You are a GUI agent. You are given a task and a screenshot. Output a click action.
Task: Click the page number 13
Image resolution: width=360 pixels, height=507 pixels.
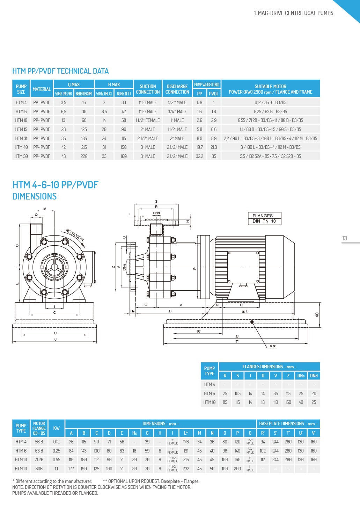[x=345, y=238]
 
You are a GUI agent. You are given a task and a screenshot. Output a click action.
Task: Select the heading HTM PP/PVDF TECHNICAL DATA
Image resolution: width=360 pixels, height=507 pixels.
[x=60, y=71]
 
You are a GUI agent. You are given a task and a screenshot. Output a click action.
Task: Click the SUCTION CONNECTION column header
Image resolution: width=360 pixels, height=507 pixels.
[x=148, y=89]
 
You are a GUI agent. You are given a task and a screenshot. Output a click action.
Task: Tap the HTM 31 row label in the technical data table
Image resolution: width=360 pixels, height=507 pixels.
[x=21, y=138]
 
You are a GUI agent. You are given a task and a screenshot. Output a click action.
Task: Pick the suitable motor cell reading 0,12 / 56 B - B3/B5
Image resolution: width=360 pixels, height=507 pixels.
[x=270, y=102]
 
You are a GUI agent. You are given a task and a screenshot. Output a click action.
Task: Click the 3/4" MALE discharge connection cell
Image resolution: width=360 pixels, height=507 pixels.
[x=177, y=111]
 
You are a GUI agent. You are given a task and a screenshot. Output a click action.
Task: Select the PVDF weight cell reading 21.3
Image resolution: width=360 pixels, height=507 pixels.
[x=214, y=147]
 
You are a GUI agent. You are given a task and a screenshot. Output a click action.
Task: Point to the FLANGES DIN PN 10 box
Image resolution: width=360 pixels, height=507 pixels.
[x=264, y=218]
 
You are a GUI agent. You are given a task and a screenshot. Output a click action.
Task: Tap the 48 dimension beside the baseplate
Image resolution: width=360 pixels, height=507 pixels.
[x=317, y=315]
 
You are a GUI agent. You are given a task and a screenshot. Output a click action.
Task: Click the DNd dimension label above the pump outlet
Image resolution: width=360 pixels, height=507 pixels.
[x=156, y=213]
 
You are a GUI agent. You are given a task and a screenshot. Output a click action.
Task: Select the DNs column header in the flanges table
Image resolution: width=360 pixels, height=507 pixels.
[x=301, y=376]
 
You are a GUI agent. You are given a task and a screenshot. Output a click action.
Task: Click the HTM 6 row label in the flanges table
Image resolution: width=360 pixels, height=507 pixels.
[x=210, y=393]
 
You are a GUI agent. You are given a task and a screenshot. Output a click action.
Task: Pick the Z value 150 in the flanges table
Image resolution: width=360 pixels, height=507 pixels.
[x=288, y=402]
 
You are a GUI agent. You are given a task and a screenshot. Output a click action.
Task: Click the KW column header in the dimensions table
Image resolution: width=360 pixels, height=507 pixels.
[x=56, y=428]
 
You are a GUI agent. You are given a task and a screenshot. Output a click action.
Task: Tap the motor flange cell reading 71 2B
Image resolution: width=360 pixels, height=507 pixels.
[x=39, y=459]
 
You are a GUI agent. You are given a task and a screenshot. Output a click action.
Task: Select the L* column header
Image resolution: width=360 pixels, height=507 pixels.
[x=186, y=433]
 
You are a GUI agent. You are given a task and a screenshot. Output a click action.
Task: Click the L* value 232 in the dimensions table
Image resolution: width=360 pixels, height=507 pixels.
[x=186, y=469]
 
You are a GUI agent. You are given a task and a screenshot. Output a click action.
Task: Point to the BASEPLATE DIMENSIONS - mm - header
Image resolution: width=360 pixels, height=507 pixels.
[x=288, y=423]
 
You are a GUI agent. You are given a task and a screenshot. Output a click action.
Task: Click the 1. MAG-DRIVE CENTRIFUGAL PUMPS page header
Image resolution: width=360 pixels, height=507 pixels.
[x=293, y=13]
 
